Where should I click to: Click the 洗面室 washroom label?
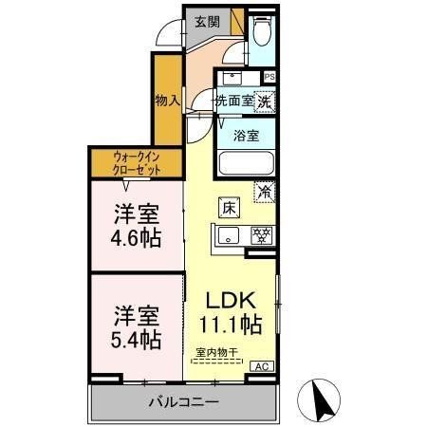(x=232, y=99)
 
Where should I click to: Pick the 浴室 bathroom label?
(x=246, y=135)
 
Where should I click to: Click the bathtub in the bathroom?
(x=246, y=163)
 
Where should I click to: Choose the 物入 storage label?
(x=167, y=98)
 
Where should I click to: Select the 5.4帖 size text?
(x=134, y=338)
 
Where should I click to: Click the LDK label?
(x=232, y=301)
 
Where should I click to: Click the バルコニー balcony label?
(x=183, y=403)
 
